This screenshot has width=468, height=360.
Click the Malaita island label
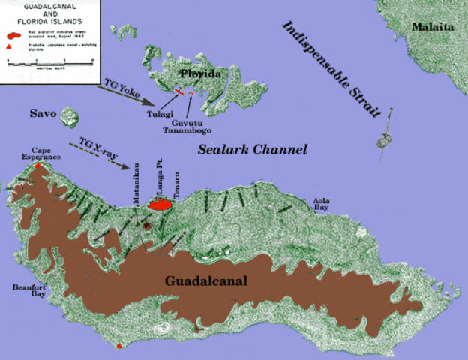(x=433, y=27)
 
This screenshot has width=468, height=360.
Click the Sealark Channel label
(x=253, y=150)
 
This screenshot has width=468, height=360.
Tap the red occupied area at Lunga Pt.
(x=161, y=204)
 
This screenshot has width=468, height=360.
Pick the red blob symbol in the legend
(x=12, y=35)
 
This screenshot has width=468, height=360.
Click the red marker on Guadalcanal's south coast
(x=118, y=346)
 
